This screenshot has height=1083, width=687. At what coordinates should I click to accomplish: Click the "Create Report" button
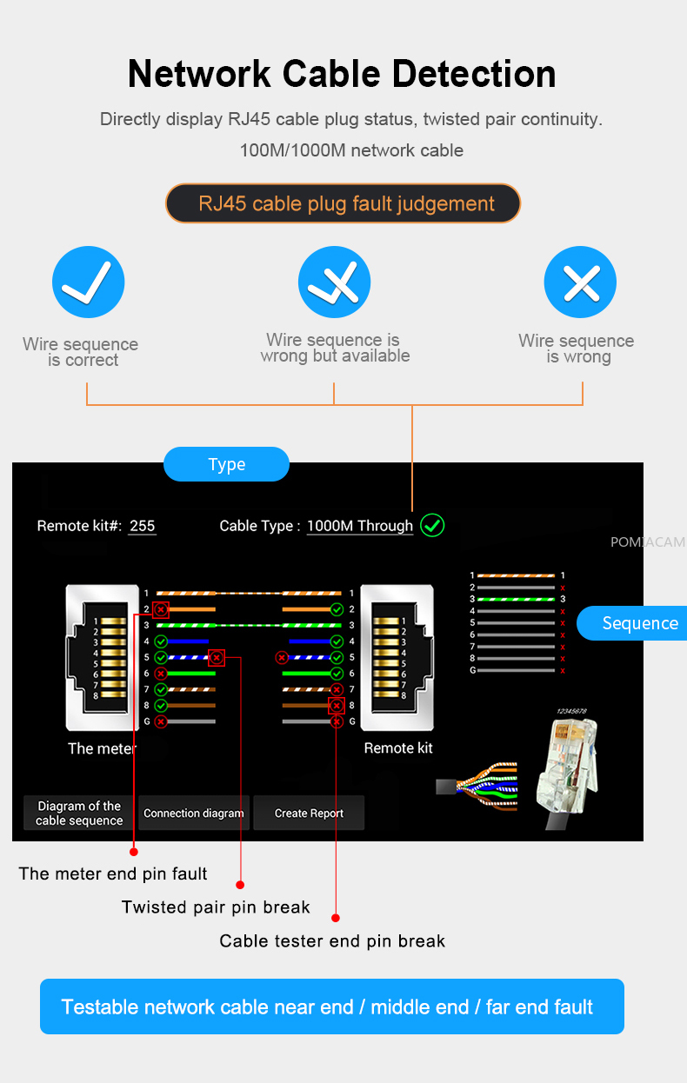pos(309,814)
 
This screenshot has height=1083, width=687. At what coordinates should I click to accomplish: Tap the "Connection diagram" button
pos(194,814)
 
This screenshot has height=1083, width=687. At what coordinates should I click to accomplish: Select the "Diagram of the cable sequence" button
pos(79,814)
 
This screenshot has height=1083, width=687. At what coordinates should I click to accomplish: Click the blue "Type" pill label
pos(226,464)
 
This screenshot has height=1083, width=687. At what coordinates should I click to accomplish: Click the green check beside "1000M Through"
pos(432,525)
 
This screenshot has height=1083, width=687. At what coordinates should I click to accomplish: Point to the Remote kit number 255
pos(142,526)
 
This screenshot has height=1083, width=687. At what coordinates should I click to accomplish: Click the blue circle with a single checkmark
pos(88,282)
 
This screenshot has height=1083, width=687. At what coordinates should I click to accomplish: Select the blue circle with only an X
pos(579,282)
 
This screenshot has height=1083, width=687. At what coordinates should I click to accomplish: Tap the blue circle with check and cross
pos(334,282)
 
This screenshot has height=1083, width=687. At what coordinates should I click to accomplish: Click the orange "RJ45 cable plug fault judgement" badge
pos(343,204)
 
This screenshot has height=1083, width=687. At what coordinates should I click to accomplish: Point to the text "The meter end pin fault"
pos(113,874)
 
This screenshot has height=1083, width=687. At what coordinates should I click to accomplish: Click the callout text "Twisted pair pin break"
pos(216,907)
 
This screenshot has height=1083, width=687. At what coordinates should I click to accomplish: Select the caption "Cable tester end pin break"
pos(332,941)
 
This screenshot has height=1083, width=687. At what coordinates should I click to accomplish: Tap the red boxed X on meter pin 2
pos(161,609)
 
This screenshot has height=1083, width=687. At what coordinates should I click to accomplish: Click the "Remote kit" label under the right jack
pos(397,748)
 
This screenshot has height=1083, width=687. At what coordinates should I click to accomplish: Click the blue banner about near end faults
pos(332,1007)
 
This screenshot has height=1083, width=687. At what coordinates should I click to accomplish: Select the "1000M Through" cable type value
pos(360,526)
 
